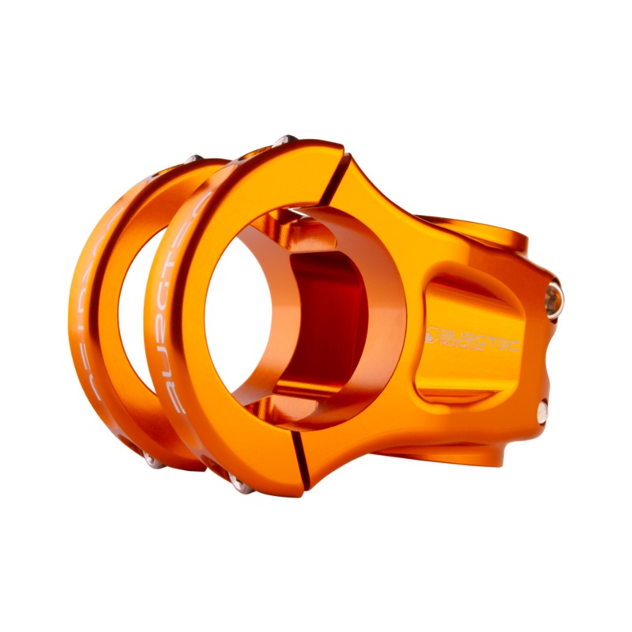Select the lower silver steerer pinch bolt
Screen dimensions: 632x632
click(544, 410)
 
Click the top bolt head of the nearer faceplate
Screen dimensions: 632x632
click(285, 141)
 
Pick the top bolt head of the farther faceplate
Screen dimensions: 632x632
click(191, 159)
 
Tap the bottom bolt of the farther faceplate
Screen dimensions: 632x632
click(152, 461)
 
